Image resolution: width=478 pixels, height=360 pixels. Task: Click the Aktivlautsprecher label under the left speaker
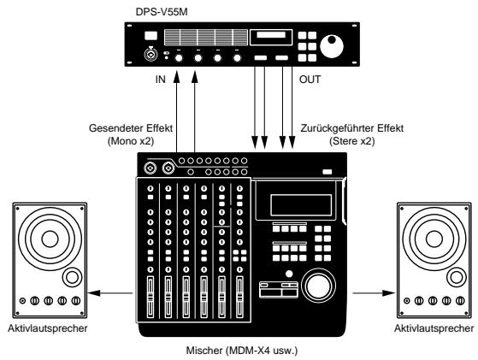(x=45, y=328)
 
